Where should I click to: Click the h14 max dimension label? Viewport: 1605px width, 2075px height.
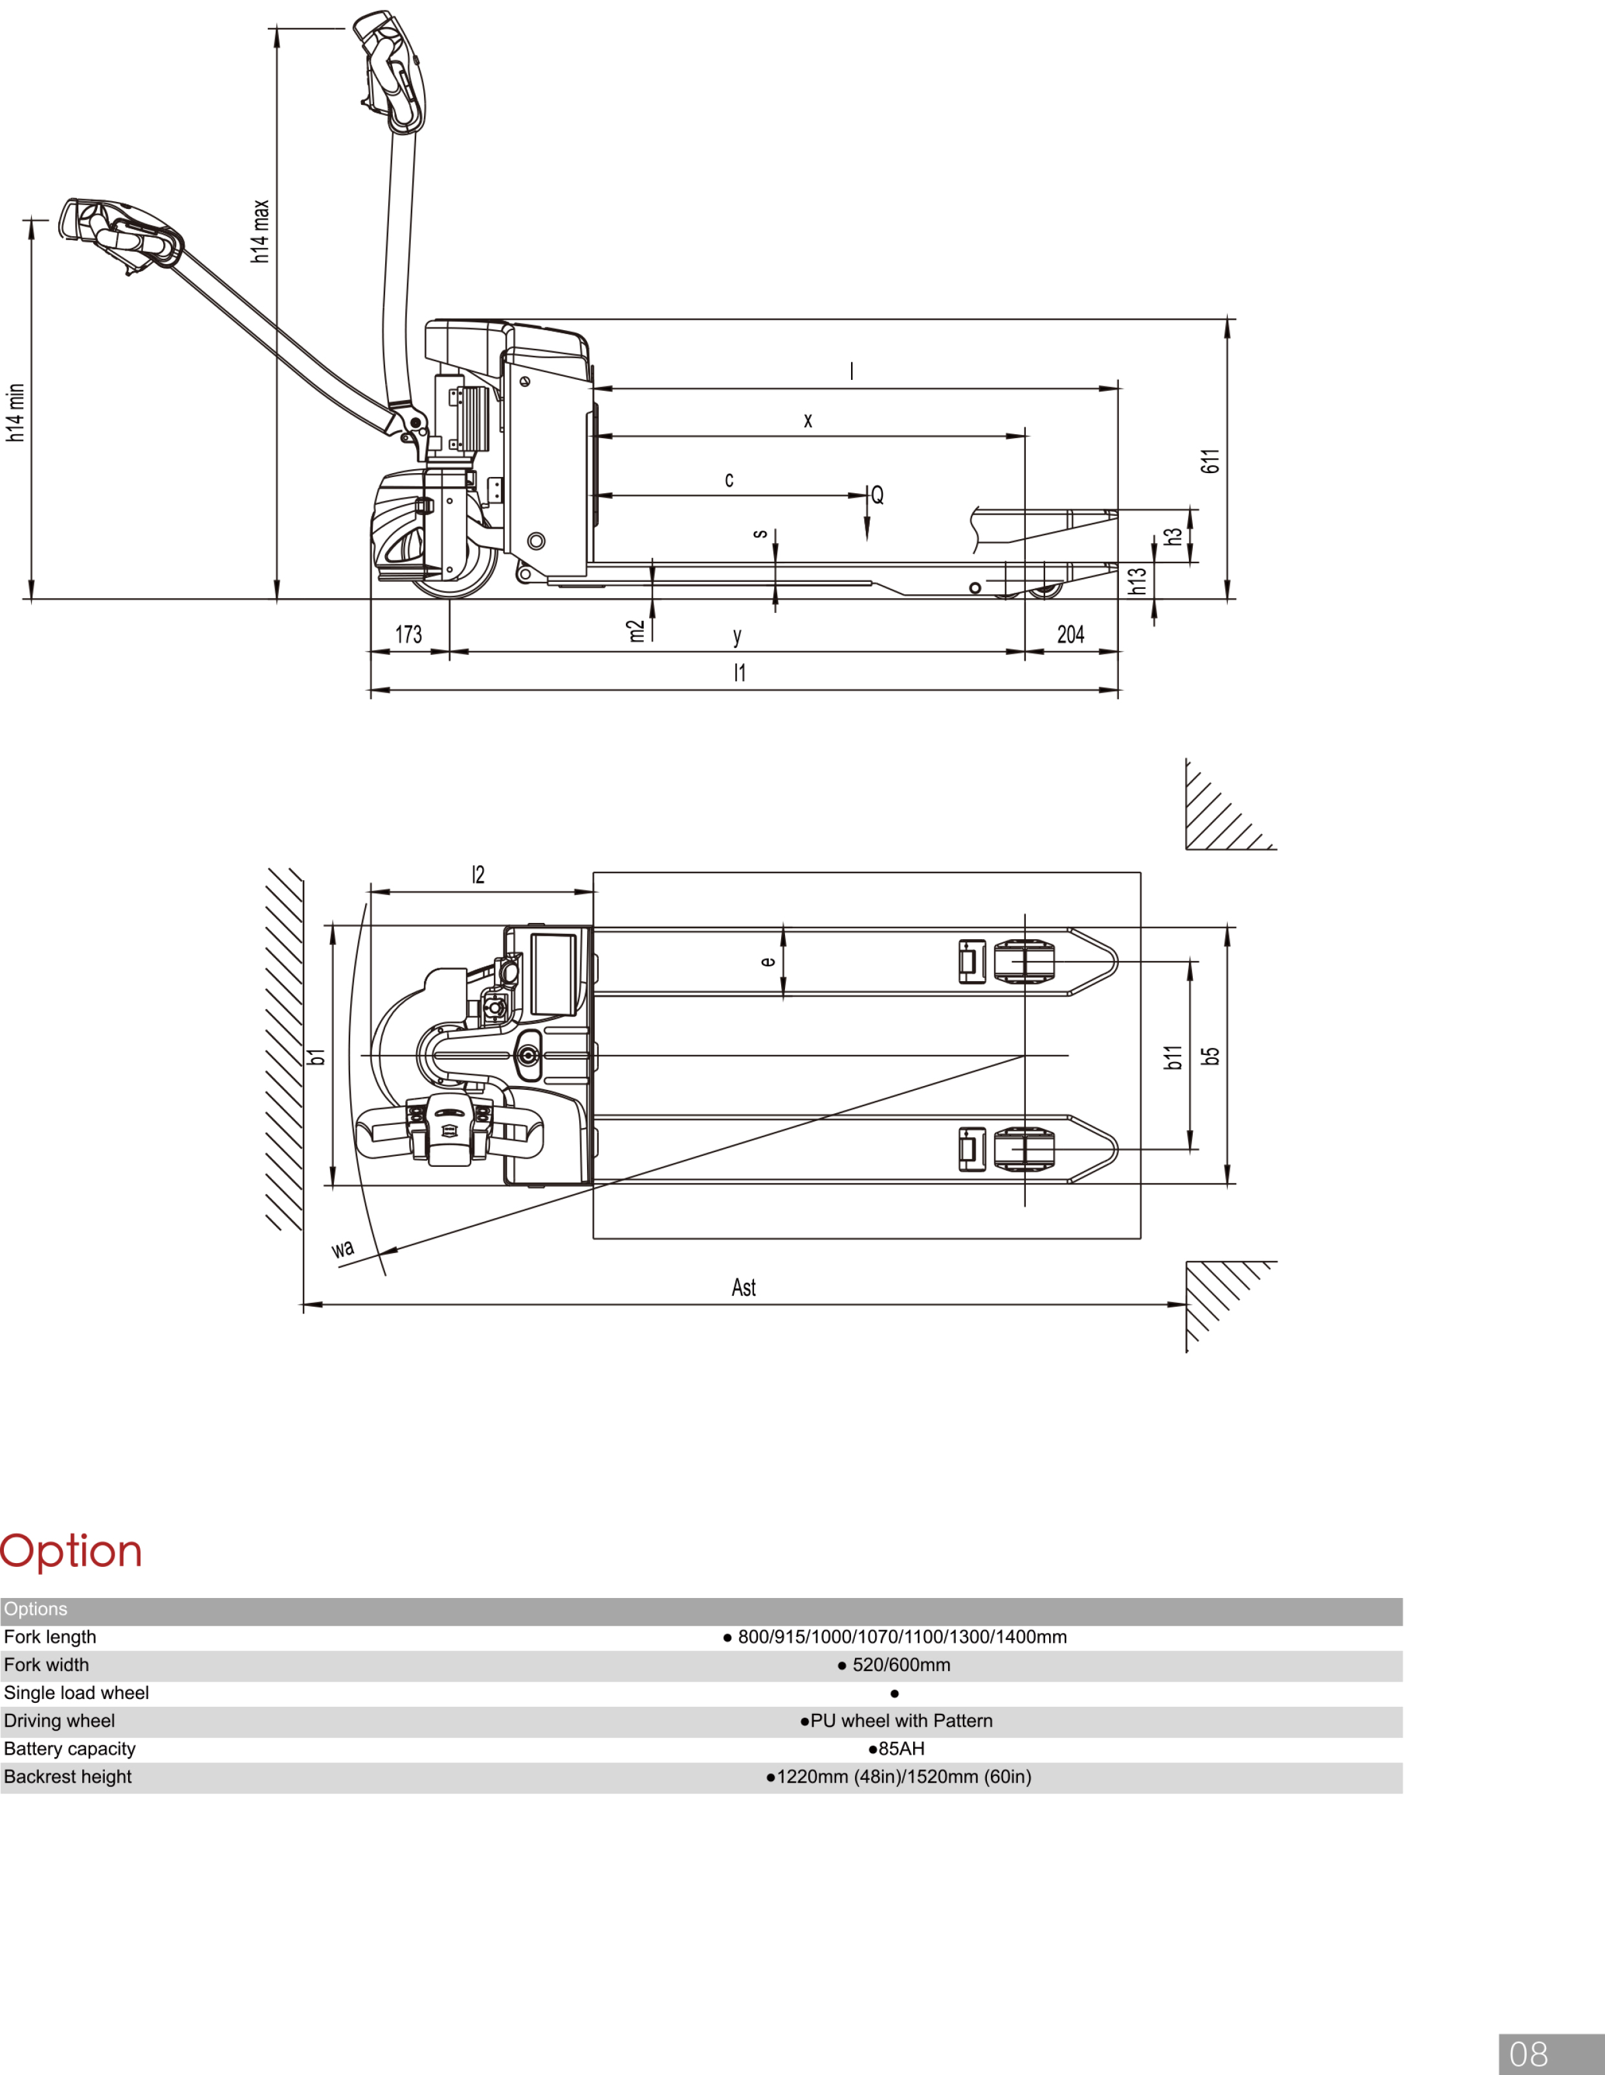[260, 231]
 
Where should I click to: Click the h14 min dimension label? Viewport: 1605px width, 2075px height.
[15, 412]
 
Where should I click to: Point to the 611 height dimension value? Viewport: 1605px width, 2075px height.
[1210, 461]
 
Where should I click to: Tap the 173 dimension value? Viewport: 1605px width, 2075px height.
[408, 635]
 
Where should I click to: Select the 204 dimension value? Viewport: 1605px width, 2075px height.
[1071, 635]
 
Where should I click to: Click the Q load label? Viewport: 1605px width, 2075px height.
[877, 495]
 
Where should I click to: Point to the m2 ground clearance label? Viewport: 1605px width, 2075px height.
[636, 631]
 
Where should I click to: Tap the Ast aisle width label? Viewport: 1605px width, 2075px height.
[743, 1287]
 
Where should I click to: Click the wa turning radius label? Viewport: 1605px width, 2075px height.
[343, 1248]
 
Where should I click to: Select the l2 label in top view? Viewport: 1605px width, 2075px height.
[478, 874]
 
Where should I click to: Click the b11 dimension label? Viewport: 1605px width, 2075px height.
[1173, 1056]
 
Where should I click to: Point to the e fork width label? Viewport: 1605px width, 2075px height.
[768, 962]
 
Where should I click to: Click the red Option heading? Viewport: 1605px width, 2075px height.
[71, 1551]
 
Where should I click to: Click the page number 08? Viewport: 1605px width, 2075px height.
[1528, 2054]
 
